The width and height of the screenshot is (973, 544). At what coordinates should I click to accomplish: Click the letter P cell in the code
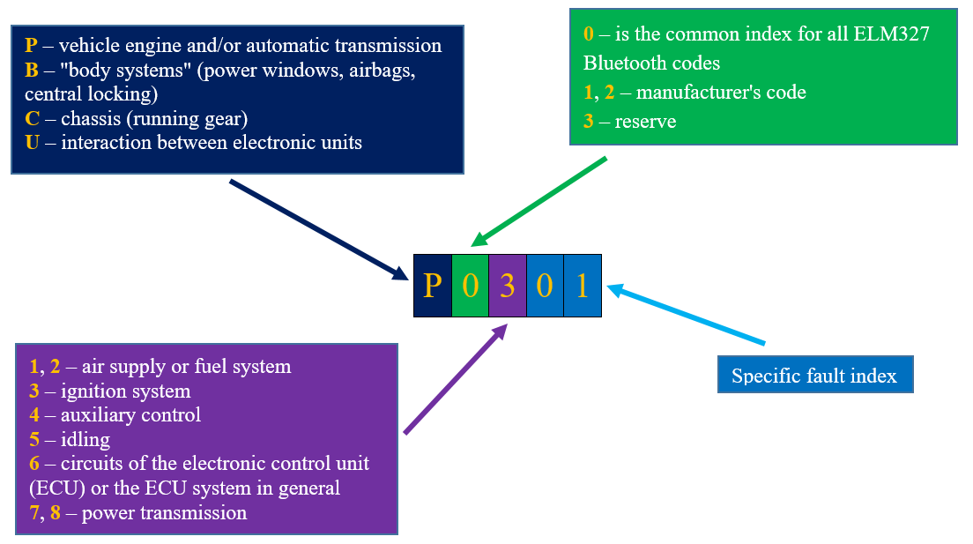432,286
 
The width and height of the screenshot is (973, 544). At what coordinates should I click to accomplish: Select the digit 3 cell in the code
507,286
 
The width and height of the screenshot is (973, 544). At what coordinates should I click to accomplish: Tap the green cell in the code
470,286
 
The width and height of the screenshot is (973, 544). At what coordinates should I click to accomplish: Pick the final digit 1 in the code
583,286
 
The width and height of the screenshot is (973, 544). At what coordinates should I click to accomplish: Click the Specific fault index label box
814,376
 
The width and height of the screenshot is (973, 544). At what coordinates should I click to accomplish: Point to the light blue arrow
687,315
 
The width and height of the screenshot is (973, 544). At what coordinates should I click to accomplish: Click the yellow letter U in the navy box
33,143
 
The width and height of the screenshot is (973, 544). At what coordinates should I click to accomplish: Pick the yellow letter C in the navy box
33,119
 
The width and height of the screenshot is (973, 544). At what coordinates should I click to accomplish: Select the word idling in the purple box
85,439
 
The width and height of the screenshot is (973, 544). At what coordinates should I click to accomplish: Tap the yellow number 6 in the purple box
34,463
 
